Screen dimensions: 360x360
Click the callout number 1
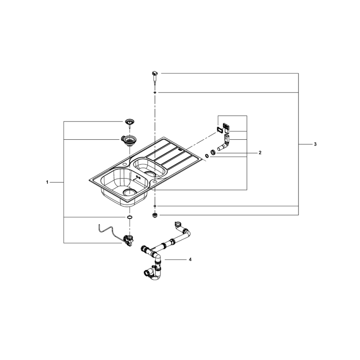(x=48, y=182)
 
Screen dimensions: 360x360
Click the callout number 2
(x=260, y=153)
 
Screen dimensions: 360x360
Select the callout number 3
(x=315, y=144)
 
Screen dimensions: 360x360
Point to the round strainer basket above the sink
(x=130, y=122)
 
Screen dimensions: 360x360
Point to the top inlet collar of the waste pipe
(x=179, y=226)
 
